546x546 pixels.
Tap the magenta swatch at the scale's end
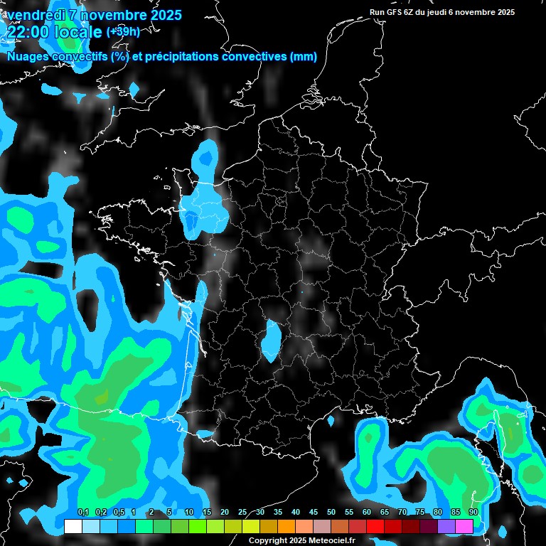click(464, 526)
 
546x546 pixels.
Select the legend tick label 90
click(473, 513)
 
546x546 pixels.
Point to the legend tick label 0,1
click(82, 513)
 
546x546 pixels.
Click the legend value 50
click(331, 513)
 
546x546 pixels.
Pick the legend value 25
click(242, 513)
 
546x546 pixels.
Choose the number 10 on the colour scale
click(189, 513)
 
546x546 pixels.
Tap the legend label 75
click(420, 513)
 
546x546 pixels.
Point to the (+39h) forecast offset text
click(123, 31)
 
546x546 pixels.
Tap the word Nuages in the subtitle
click(27, 57)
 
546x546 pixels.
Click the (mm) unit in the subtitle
click(304, 57)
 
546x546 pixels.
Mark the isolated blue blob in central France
click(270, 340)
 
